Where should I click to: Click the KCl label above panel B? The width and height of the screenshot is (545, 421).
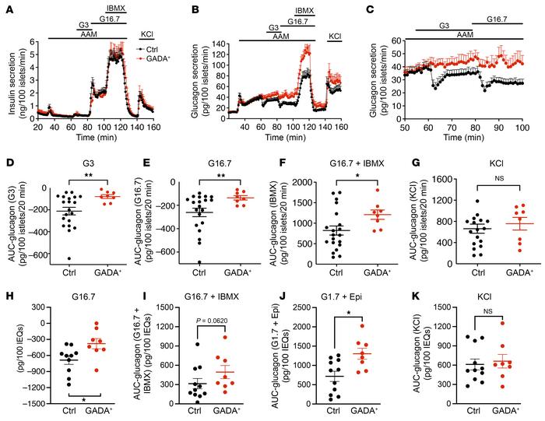[x=335, y=36]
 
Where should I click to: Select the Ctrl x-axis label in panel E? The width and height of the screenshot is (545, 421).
[x=181, y=272]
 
